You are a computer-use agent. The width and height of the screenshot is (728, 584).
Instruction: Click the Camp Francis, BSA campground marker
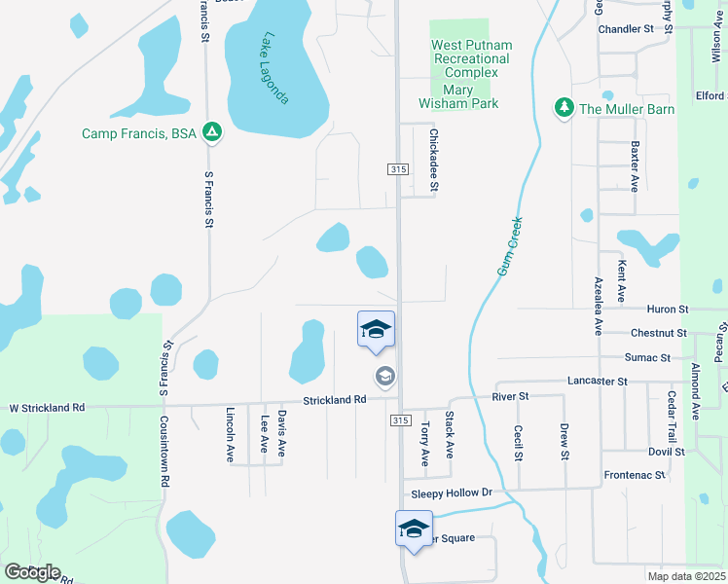coord(213,132)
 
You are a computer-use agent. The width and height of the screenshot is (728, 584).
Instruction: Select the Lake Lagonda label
coord(275,69)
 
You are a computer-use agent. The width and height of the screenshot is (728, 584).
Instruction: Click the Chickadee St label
coord(434,160)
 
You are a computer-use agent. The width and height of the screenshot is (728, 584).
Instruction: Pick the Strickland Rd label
coord(333,399)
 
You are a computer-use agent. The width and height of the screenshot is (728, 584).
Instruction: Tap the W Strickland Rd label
coord(47,408)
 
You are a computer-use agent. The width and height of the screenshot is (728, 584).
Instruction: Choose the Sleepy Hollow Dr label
coord(452,493)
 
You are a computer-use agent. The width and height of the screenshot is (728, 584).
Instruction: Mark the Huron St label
coord(667,309)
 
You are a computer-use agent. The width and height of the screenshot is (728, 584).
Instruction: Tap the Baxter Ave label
coord(635,166)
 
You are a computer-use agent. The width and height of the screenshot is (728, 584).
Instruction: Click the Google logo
coord(31,572)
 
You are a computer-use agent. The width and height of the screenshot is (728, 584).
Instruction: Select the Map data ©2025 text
coord(685,576)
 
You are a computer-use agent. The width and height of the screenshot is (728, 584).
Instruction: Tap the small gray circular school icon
coord(384,376)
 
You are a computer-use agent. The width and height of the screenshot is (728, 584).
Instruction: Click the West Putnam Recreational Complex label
coord(471,58)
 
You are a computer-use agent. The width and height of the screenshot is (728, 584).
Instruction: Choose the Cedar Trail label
coord(671,417)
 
